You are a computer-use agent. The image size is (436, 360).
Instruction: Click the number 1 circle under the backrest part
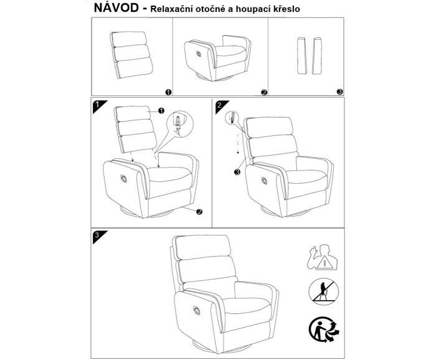168,92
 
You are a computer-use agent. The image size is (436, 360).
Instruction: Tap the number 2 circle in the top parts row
263,92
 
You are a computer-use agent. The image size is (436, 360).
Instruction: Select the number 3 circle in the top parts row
339,92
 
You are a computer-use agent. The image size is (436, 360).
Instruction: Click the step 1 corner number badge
97,105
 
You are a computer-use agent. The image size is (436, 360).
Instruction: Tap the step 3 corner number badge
97,236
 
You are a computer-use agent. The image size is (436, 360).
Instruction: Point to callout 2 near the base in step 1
199,211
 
